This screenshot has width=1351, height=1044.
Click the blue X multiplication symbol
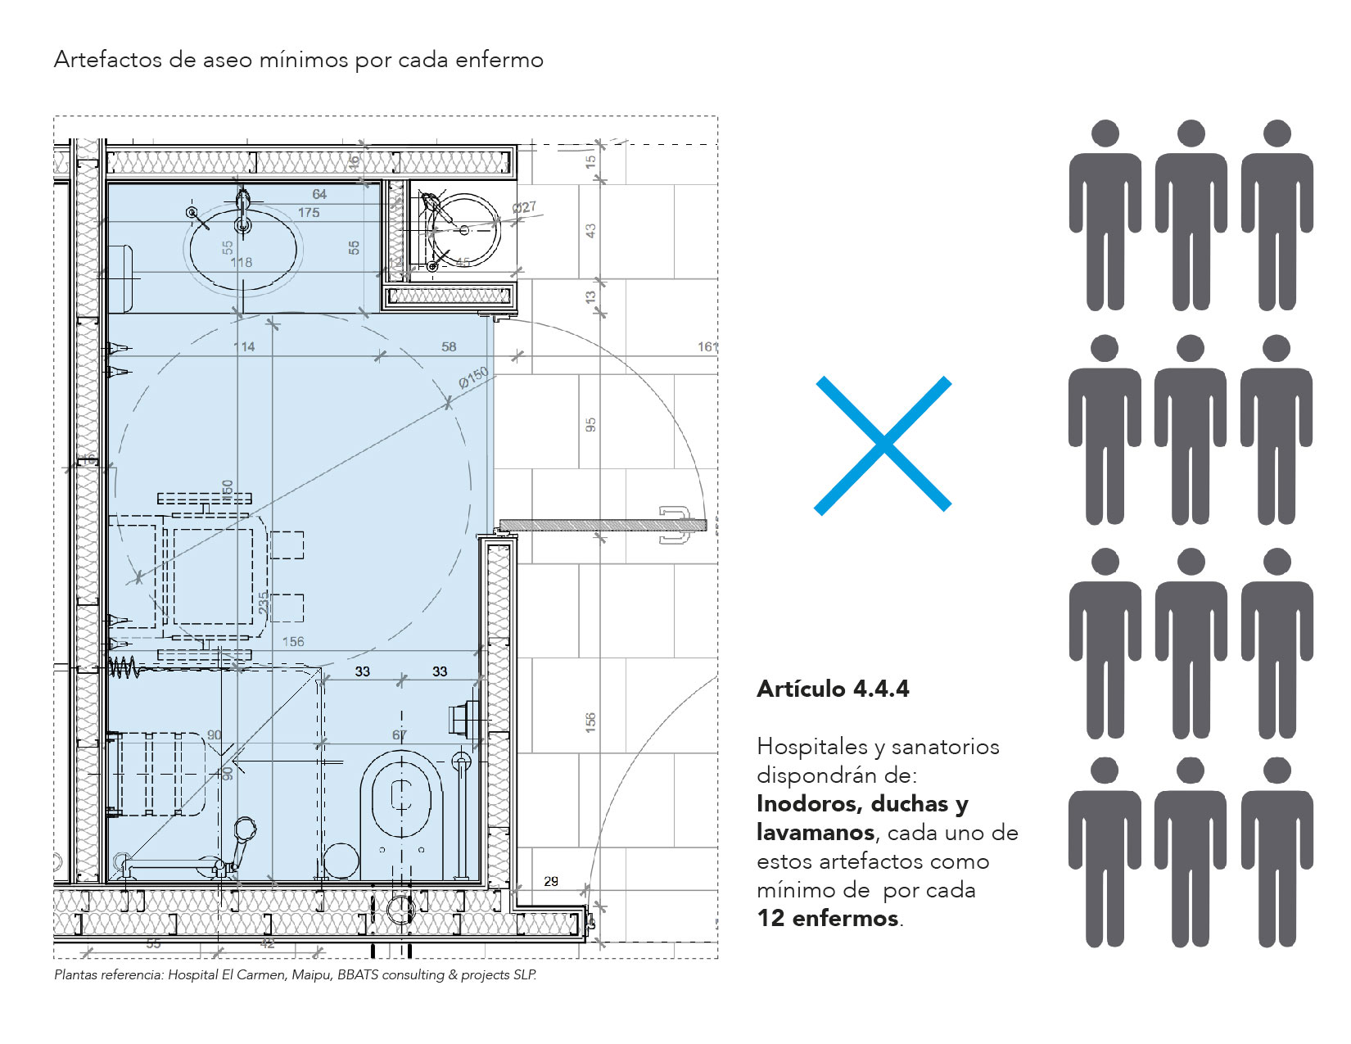[x=883, y=445]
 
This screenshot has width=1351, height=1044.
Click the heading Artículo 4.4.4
[x=833, y=689]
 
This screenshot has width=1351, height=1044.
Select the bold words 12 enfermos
[x=828, y=919]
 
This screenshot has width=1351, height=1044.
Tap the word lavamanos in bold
[x=816, y=833]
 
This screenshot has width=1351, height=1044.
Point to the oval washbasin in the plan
[x=243, y=249]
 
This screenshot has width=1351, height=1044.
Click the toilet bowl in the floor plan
[x=400, y=798]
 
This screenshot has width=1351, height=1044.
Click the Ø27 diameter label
[x=524, y=207]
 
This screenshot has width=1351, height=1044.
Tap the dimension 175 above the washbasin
[x=309, y=213]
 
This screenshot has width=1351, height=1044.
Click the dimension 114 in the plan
[x=244, y=347]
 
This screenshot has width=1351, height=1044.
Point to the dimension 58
[x=449, y=347]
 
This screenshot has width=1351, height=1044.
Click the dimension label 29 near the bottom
[x=551, y=881]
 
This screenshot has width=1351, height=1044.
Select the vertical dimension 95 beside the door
[x=591, y=425]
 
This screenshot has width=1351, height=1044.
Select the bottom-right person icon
[x=1276, y=852]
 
